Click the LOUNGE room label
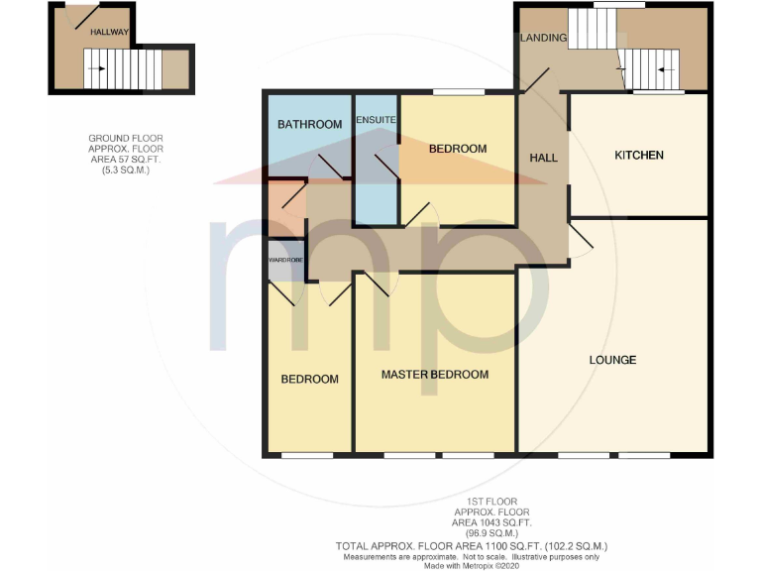click(612, 360)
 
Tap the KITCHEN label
click(639, 156)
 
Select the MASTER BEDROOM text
click(435, 375)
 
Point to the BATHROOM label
click(309, 125)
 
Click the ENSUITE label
click(377, 121)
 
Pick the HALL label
click(543, 158)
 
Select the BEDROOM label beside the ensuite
click(457, 150)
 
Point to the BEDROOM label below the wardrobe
click(309, 380)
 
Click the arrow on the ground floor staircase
click(96, 68)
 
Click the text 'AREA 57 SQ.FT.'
click(126, 161)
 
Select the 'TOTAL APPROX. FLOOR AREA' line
click(471, 546)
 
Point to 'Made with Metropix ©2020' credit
click(470, 566)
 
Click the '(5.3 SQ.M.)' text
click(126, 171)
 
